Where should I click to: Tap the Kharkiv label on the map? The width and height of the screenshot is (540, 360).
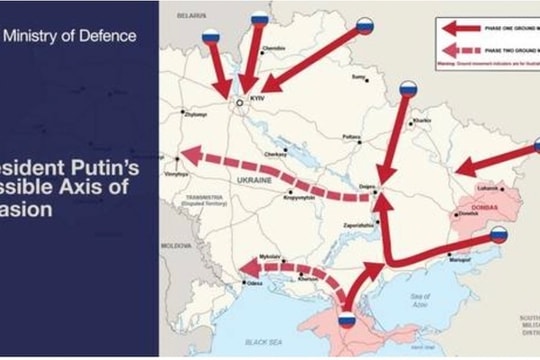tap(422, 122)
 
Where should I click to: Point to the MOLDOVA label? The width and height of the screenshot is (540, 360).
tap(176, 243)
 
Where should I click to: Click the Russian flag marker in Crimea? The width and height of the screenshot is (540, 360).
tap(347, 321)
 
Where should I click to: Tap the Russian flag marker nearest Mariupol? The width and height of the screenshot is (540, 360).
tap(498, 236)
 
